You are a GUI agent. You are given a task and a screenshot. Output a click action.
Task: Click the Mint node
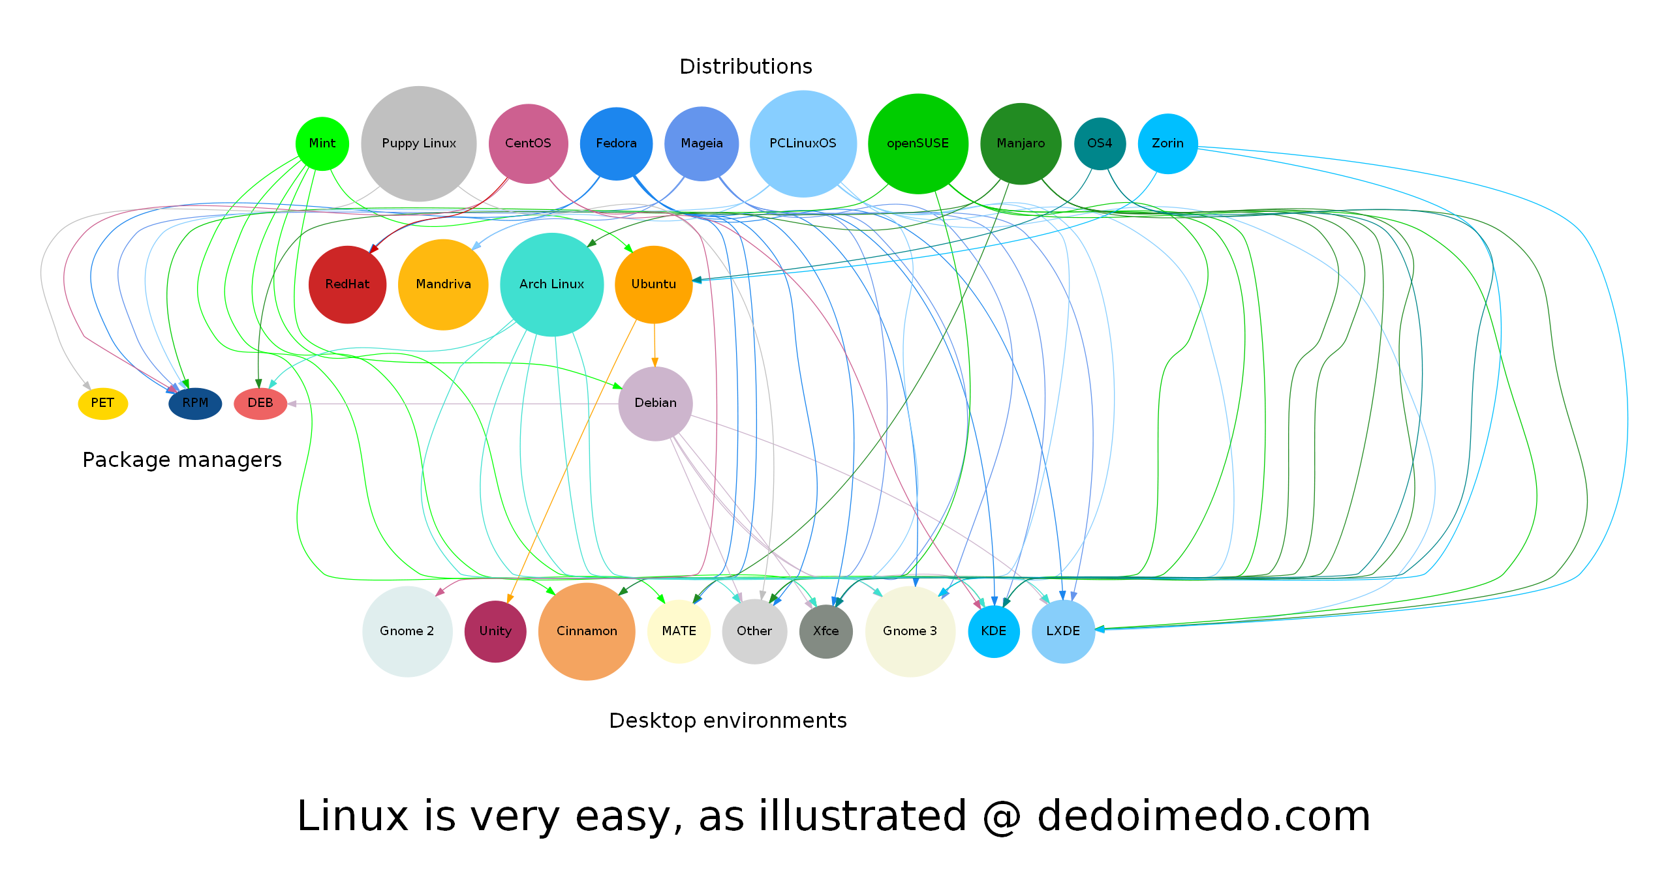point(322,143)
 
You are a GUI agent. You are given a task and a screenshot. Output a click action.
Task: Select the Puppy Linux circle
point(418,143)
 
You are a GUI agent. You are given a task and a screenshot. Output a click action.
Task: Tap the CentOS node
point(528,143)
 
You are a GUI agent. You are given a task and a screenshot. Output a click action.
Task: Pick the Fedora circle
point(616,143)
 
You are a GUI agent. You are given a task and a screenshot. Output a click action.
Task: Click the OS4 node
point(1100,143)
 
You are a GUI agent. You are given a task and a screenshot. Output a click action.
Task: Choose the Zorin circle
point(1167,143)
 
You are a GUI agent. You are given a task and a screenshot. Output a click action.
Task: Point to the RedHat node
point(347,284)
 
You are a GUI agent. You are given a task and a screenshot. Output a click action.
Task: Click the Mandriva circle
point(443,284)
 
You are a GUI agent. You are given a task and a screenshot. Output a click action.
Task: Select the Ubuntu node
point(653,284)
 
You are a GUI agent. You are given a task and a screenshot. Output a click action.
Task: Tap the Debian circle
point(655,403)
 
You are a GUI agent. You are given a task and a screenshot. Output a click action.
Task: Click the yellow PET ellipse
point(102,403)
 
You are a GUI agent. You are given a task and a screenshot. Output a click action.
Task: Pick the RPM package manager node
point(195,403)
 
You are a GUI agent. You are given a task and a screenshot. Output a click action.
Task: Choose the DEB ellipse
point(260,403)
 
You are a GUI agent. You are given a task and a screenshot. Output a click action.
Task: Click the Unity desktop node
point(495,631)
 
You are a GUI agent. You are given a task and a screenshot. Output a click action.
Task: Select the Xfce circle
point(825,631)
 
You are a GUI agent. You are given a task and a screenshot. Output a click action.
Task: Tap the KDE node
point(993,631)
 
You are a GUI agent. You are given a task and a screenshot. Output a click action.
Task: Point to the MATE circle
point(679,631)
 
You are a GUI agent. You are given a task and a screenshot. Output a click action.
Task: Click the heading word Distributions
point(745,67)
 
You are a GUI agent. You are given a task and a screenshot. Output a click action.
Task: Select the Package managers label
point(182,460)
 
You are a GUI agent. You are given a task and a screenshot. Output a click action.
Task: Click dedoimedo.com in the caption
point(1203,816)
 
